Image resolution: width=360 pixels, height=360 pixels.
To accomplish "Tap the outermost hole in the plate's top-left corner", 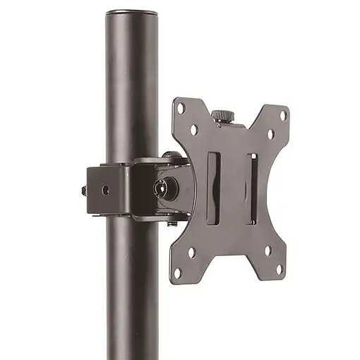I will (181, 108).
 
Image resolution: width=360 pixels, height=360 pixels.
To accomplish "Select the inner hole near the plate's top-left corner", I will (194, 130).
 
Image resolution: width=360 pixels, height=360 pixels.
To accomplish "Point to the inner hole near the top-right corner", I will (270, 133).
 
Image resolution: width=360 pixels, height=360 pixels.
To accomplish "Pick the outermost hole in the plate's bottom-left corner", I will (178, 272).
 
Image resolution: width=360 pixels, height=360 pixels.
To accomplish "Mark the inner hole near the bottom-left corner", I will (191, 251).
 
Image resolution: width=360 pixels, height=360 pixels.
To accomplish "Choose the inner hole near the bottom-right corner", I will (268, 249).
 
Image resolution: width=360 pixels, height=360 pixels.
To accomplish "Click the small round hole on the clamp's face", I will (105, 190).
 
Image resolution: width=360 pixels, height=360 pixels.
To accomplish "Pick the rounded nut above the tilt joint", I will (169, 155).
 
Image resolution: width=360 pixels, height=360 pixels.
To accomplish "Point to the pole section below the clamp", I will (134, 289).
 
